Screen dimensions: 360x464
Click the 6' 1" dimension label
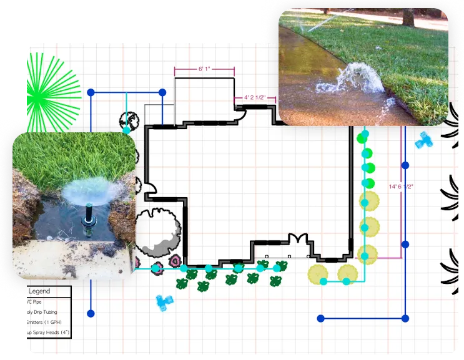204,69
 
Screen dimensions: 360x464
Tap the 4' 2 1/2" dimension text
255,97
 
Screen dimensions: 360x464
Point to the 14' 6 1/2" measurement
401,186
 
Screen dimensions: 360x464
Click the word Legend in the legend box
40,291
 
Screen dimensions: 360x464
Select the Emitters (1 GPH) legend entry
44,322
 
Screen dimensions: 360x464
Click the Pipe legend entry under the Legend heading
37,302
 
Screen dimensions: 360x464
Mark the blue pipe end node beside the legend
91,313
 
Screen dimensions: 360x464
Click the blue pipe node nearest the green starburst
91,92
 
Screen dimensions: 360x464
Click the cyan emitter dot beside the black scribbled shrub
127,130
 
